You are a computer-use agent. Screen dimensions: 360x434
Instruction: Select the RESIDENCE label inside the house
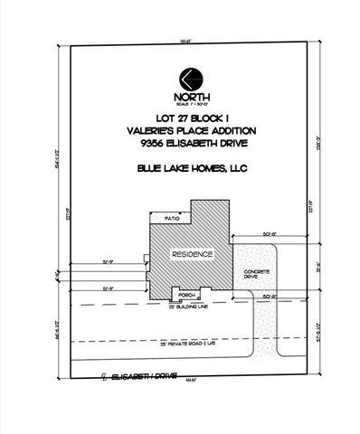click(x=193, y=255)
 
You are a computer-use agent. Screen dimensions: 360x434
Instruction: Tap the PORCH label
click(x=187, y=295)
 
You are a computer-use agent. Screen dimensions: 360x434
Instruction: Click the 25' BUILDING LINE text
click(x=187, y=307)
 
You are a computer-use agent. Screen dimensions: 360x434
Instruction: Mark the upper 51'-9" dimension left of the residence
click(x=109, y=260)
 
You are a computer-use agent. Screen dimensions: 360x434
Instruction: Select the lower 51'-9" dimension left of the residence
click(x=109, y=288)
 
